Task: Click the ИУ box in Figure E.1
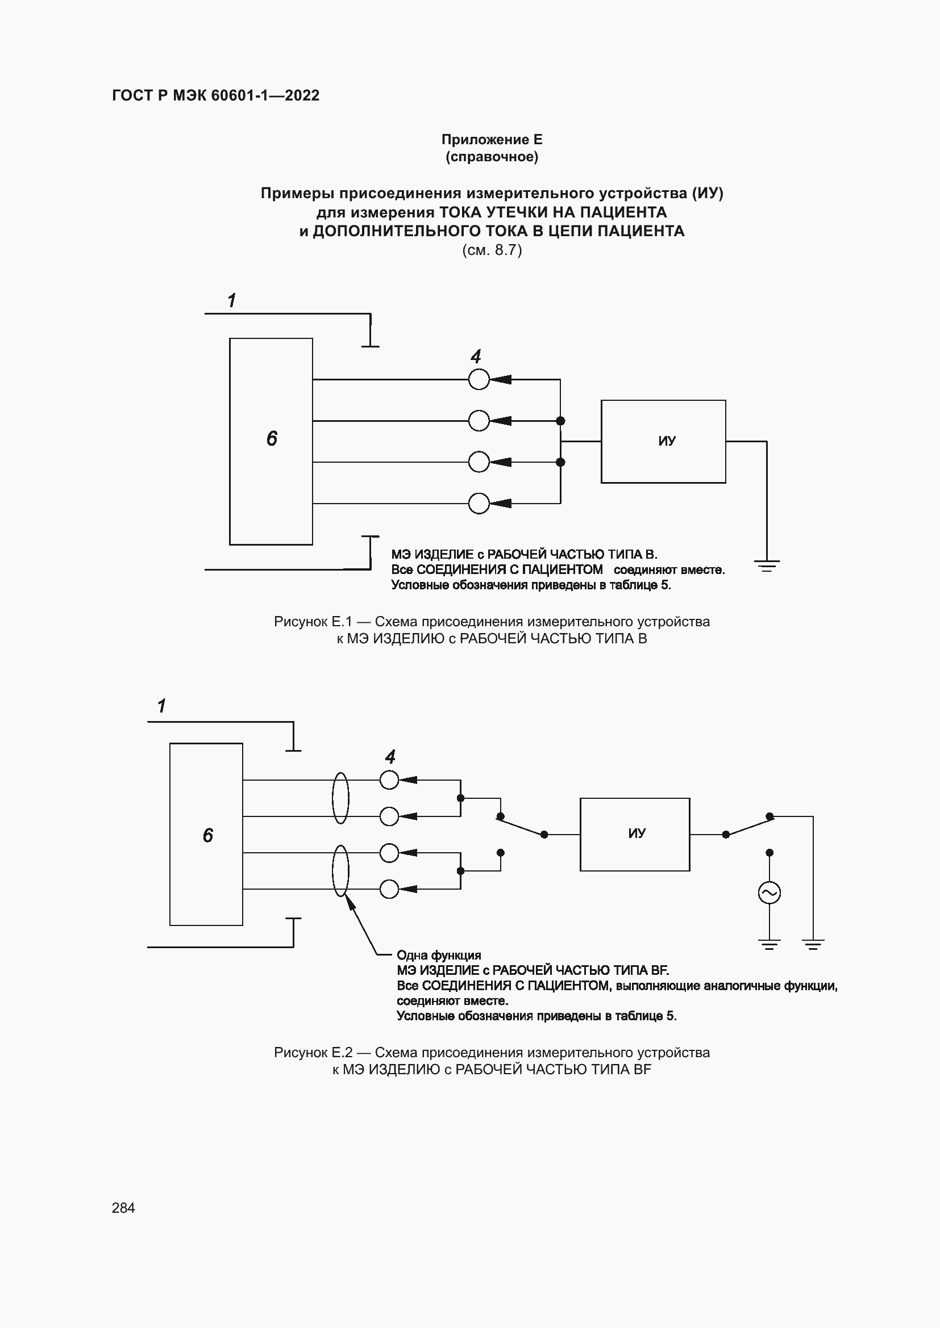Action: [663, 441]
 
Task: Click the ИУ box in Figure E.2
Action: [634, 834]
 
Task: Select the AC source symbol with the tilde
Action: [770, 893]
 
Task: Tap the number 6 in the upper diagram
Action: [272, 438]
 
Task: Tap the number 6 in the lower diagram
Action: [208, 835]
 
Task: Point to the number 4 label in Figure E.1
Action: [476, 357]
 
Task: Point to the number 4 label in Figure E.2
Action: [390, 756]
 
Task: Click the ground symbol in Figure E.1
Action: [767, 565]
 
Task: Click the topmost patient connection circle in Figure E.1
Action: [479, 379]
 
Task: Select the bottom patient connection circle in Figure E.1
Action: [479, 503]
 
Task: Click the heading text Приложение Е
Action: [492, 140]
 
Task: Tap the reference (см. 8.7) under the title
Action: [492, 250]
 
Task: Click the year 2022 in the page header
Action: [302, 95]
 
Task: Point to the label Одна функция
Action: [439, 955]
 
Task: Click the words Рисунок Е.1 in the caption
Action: [313, 622]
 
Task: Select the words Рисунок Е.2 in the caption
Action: [313, 1052]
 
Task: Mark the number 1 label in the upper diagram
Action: [231, 301]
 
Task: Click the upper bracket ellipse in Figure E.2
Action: [340, 798]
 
